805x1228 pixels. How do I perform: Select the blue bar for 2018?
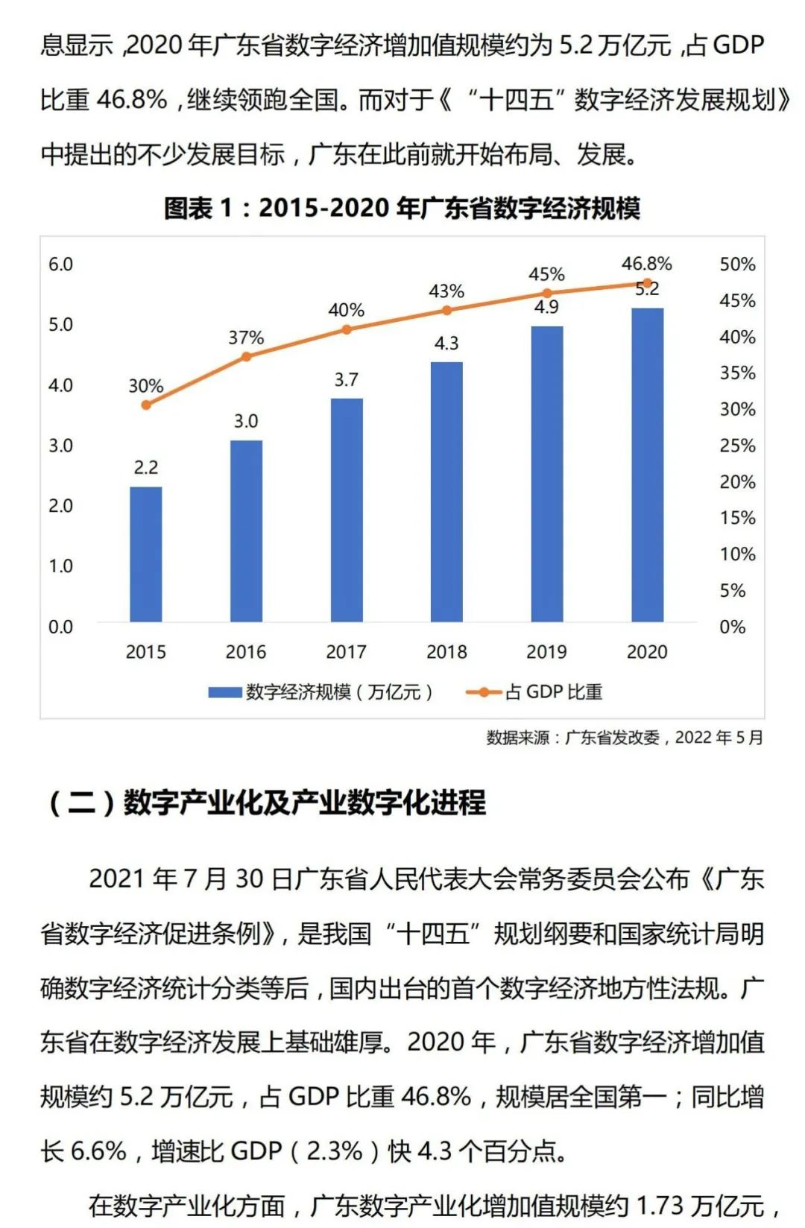click(446, 492)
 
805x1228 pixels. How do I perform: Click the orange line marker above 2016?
click(246, 356)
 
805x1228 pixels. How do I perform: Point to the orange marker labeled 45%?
click(546, 294)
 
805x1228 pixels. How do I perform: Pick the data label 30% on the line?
click(145, 386)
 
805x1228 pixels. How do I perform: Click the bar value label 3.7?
click(346, 380)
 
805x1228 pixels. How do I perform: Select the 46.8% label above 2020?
click(646, 264)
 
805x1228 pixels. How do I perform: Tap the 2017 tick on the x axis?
click(346, 652)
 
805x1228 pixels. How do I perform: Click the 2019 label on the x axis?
click(546, 652)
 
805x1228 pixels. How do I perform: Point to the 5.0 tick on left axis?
click(60, 325)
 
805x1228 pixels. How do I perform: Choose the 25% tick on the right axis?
click(737, 446)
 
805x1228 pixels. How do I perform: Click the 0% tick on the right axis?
click(732, 627)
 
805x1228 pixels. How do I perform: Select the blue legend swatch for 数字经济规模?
click(224, 692)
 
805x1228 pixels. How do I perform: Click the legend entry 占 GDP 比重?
click(553, 692)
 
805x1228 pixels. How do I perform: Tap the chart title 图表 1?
click(402, 208)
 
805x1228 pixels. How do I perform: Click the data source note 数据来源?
click(624, 738)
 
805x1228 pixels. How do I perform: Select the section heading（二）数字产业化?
click(266, 803)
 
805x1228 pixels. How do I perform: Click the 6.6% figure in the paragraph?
click(98, 1151)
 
